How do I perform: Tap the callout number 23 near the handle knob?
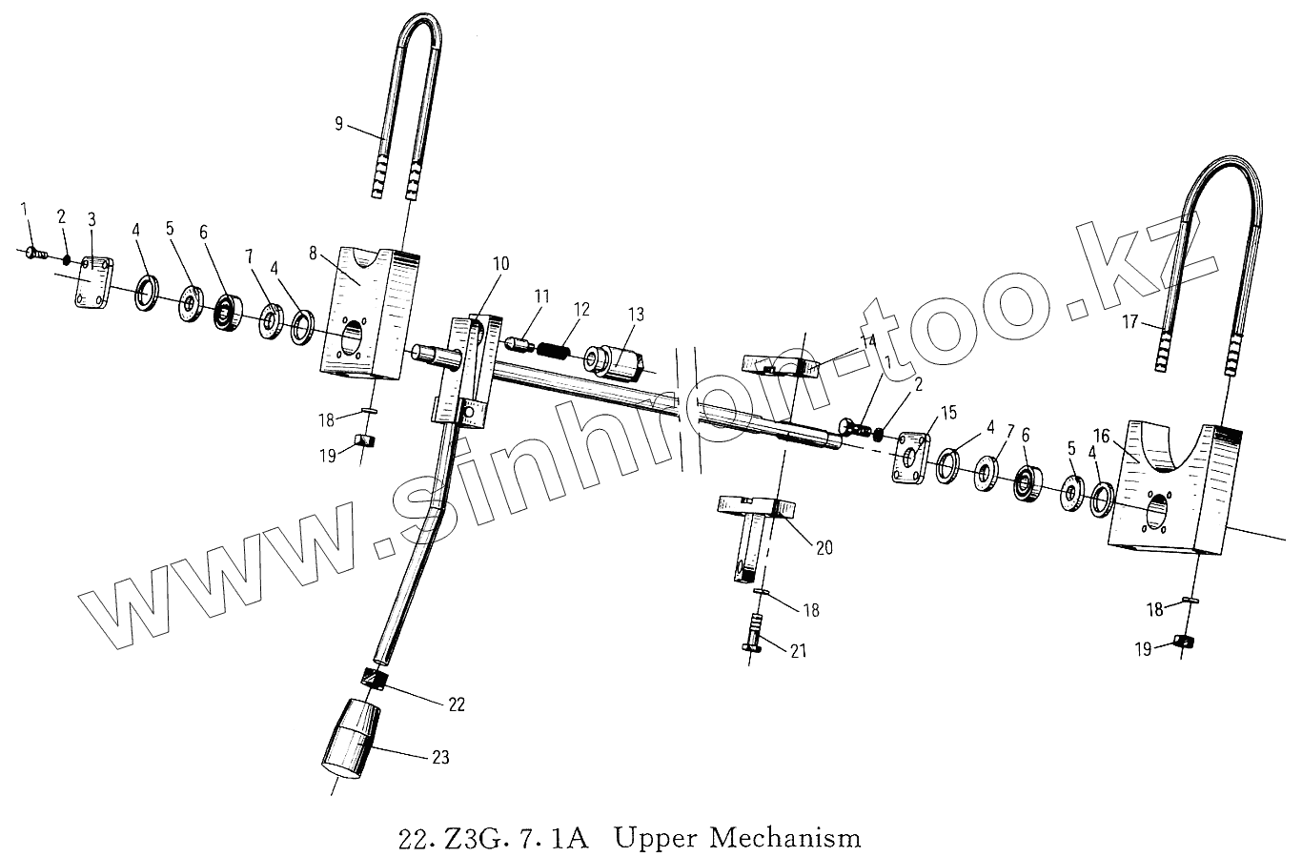(439, 759)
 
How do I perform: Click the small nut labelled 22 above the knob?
(375, 680)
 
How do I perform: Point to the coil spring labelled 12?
(554, 349)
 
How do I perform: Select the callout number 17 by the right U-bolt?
(1130, 323)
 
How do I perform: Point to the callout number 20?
(824, 547)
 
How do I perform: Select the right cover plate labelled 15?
(911, 458)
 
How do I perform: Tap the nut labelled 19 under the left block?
(363, 441)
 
